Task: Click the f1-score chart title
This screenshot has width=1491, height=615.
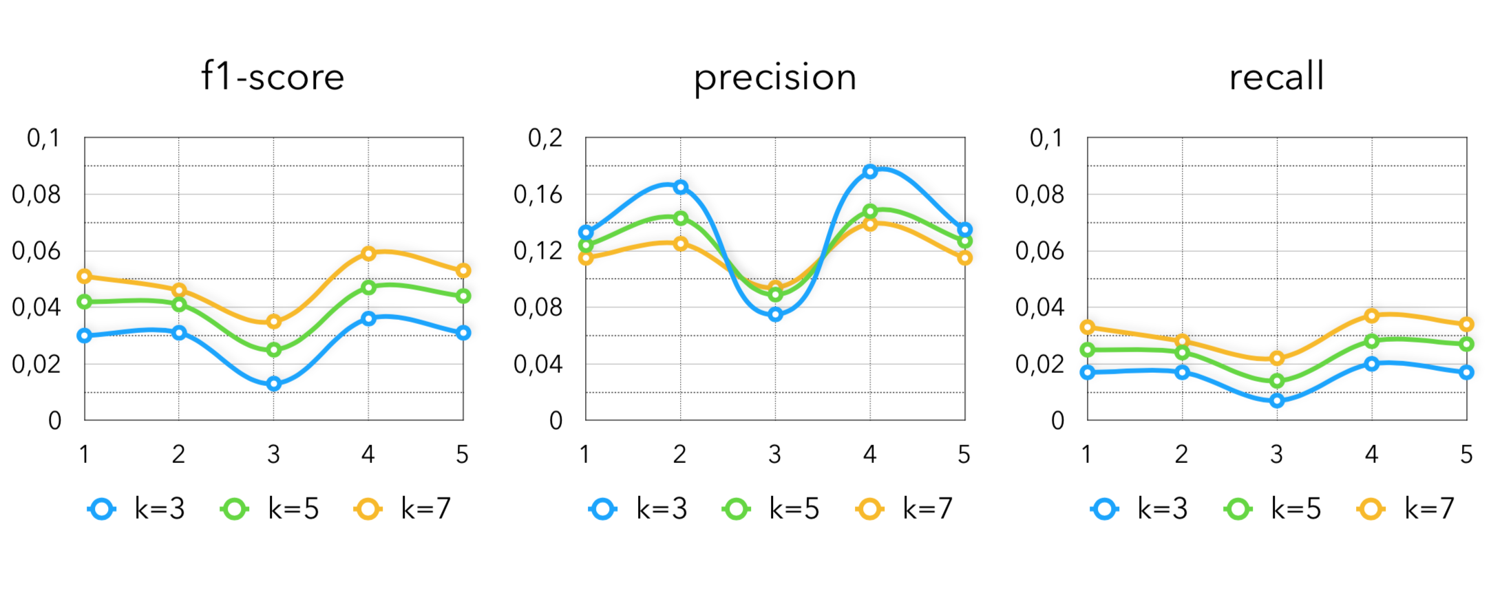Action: (273, 76)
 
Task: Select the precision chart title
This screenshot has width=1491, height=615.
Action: (775, 78)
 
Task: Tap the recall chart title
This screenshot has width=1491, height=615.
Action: (1276, 76)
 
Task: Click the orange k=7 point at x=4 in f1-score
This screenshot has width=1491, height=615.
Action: (368, 253)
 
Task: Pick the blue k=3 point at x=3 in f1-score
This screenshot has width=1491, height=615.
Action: (274, 384)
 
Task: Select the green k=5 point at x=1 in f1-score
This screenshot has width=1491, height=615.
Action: (85, 301)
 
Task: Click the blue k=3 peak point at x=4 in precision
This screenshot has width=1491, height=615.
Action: (870, 171)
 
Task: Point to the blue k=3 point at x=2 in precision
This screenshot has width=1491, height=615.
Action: (681, 187)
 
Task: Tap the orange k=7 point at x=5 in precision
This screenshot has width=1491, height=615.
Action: (964, 258)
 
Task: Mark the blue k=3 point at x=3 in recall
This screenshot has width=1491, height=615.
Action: (1277, 400)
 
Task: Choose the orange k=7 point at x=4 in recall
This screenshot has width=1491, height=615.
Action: (1372, 316)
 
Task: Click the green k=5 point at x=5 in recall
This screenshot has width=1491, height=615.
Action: (1466, 344)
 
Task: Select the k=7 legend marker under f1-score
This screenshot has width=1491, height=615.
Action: (368, 510)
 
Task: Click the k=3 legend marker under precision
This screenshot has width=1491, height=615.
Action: (603, 510)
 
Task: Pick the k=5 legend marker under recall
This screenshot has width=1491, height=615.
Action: (1238, 510)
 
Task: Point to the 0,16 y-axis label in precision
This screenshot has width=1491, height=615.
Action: (538, 195)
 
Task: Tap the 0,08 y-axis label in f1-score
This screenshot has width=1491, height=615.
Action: (36, 195)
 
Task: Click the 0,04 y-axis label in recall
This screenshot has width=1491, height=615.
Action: (1039, 307)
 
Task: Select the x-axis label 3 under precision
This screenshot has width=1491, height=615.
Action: (775, 454)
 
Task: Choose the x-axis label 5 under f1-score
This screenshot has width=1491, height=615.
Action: (463, 454)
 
